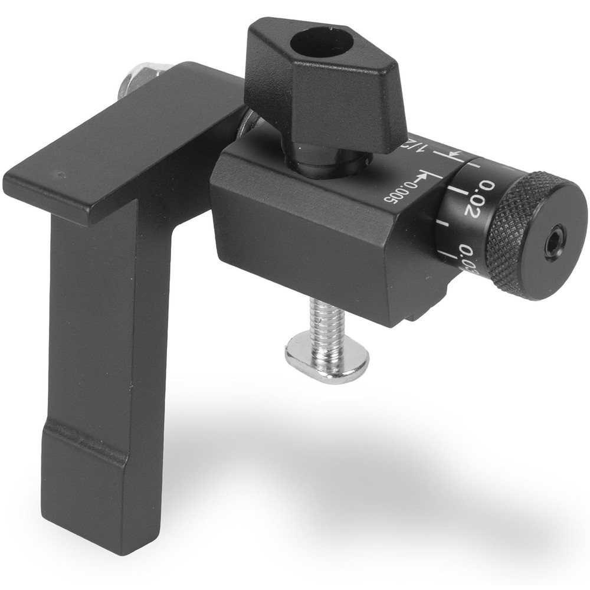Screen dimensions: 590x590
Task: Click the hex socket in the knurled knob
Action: pos(555,241)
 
